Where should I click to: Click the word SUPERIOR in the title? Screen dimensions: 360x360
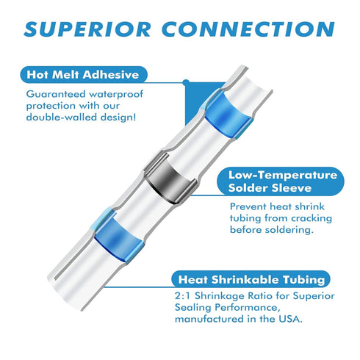(x=87, y=29)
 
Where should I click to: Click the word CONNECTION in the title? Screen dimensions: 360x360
(x=248, y=29)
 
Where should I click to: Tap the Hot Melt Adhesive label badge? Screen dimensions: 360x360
(x=84, y=74)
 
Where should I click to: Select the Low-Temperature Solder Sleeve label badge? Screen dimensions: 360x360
(x=281, y=181)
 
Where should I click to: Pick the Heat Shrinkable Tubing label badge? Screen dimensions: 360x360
(x=251, y=279)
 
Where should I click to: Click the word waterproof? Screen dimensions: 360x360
(x=116, y=95)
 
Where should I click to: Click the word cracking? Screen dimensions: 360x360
(x=312, y=218)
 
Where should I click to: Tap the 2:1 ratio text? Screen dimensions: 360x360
(x=182, y=296)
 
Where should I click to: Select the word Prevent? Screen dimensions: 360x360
(x=248, y=206)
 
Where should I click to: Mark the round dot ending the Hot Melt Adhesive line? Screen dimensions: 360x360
(x=187, y=82)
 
